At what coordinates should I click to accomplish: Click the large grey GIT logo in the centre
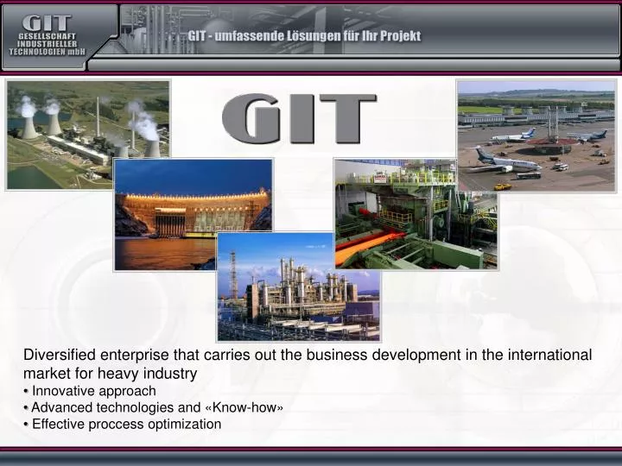[299, 120]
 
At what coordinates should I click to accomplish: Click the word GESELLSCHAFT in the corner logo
[48, 36]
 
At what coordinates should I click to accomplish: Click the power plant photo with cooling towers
[88, 135]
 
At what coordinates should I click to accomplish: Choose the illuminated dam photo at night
[194, 215]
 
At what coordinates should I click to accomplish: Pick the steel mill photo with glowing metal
[416, 214]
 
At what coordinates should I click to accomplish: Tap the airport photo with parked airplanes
[536, 135]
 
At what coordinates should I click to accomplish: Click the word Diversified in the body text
[57, 355]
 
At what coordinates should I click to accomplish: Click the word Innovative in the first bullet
[61, 391]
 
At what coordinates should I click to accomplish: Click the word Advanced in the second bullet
[60, 407]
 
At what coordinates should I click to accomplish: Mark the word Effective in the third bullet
[57, 424]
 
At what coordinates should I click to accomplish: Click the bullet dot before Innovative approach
[26, 392]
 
